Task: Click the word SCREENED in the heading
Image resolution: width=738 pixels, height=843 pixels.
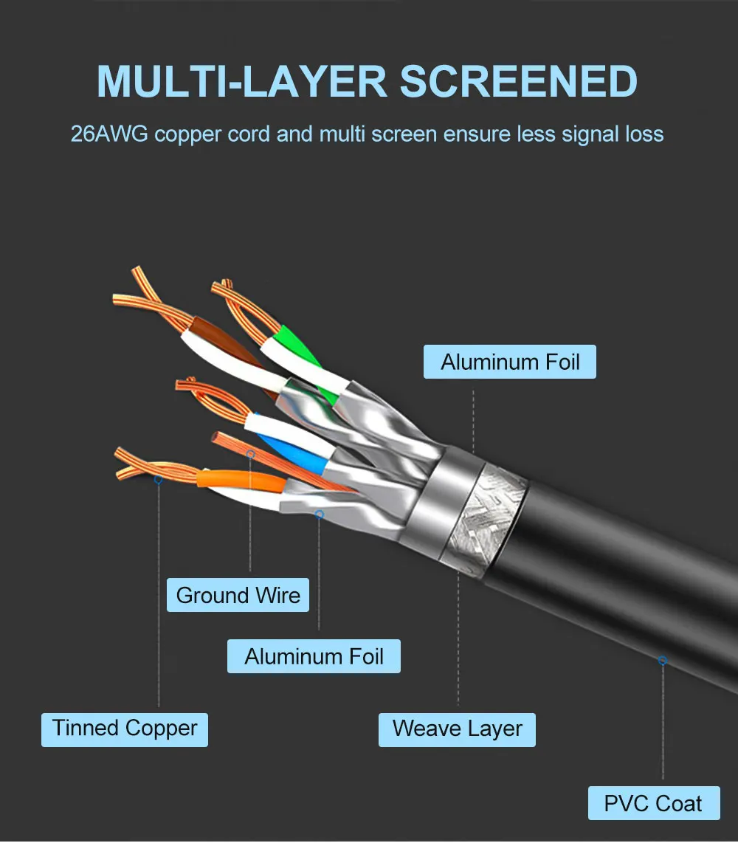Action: (518, 81)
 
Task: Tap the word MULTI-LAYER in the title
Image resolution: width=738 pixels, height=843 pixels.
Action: (242, 81)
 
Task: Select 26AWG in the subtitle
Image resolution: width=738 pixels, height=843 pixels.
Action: (109, 134)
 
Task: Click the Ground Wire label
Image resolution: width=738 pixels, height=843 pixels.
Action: (238, 595)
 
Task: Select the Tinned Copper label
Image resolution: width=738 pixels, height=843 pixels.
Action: (125, 729)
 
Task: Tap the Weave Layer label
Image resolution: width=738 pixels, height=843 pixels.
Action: (457, 729)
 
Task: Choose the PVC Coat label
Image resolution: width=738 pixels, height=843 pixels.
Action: (654, 803)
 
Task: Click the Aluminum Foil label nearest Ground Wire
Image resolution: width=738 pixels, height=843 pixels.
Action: (314, 656)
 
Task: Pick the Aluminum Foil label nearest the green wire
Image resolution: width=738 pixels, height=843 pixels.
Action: (509, 362)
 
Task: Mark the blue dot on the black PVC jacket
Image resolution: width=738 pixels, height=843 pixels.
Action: (663, 660)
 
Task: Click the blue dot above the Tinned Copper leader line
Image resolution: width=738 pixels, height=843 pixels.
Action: (158, 479)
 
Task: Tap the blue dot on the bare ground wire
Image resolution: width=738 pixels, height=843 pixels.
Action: (250, 454)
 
